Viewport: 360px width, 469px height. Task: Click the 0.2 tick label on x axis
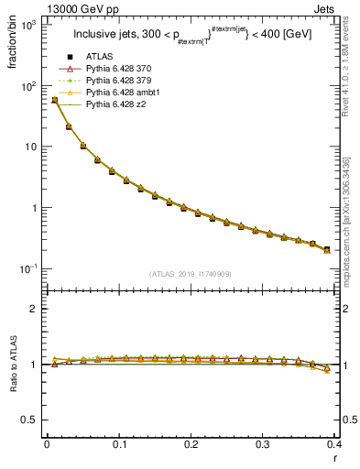[191, 443]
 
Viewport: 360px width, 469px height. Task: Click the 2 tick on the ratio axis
[33, 309]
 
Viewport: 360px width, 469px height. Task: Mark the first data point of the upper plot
[54, 100]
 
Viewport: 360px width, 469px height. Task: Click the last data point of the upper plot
[327, 249]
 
